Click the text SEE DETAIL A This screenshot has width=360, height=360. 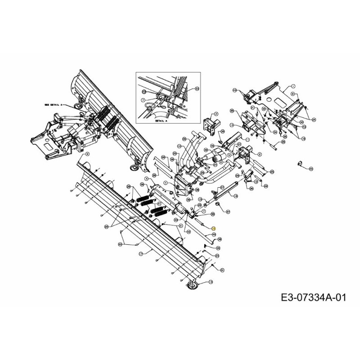click(54, 104)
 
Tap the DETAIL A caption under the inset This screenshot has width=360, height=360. click(161, 121)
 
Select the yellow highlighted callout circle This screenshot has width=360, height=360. click(214, 229)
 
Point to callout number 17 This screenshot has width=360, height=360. click(141, 254)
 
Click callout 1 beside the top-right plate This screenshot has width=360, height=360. click(292, 86)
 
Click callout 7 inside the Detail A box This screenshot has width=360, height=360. click(143, 100)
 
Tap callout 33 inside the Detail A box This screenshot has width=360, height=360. click(197, 89)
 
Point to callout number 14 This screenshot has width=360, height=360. click(231, 125)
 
